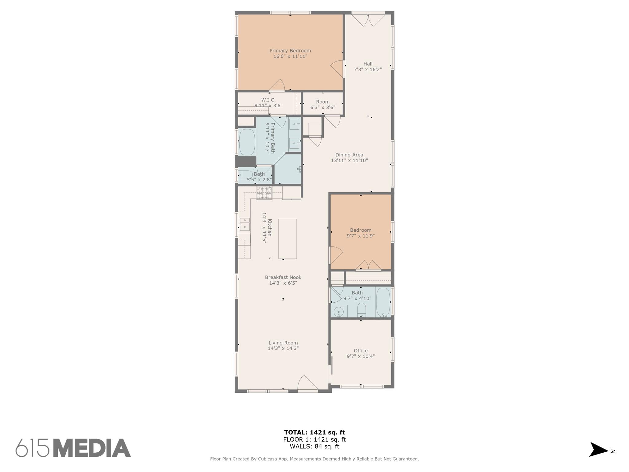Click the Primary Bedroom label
(290, 51)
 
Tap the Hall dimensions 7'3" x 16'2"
(368, 70)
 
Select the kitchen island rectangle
(287, 239)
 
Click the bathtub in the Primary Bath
(247, 142)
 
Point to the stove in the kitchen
(264, 193)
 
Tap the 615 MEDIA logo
(73, 448)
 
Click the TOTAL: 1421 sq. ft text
(314, 432)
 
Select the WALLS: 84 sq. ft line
(314, 446)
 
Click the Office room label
(361, 351)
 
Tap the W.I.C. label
(268, 100)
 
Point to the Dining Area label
(349, 155)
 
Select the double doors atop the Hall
(368, 20)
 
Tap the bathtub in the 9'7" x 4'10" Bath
(383, 302)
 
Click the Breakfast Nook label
(283, 277)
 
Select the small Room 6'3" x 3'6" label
(322, 102)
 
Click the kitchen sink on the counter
(245, 225)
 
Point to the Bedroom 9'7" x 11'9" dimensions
(361, 236)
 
